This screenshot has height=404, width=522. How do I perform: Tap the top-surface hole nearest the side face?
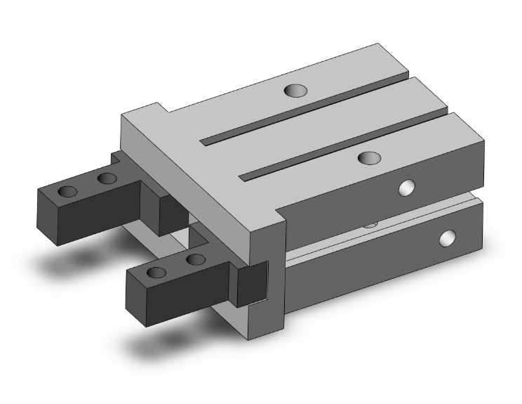pyautogui.click(x=368, y=157)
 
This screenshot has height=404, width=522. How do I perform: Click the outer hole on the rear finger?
pyautogui.click(x=69, y=192)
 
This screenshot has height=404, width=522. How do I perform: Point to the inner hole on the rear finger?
pyautogui.click(x=107, y=178)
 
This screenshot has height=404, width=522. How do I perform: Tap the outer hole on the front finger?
pyautogui.click(x=157, y=273)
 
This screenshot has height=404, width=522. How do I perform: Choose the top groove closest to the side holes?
pyautogui.click(x=344, y=148)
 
